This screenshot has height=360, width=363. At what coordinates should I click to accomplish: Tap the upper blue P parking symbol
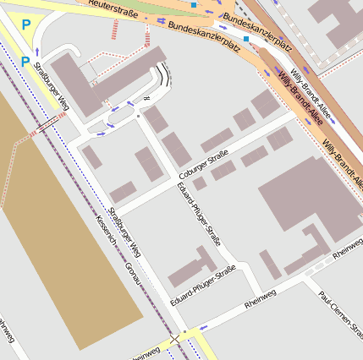pyautogui.click(x=25, y=26)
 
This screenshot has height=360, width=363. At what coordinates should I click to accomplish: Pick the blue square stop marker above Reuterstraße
pyautogui.click(x=194, y=6)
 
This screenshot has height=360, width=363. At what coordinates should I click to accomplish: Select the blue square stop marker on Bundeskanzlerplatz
pyautogui.click(x=246, y=39)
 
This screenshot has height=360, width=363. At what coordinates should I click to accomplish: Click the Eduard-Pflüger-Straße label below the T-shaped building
pyautogui.click(x=202, y=286)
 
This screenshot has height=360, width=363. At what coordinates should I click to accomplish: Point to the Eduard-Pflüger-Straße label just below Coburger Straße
pyautogui.click(x=200, y=214)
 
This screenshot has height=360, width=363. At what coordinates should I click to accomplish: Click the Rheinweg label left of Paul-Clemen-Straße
pyautogui.click(x=261, y=298)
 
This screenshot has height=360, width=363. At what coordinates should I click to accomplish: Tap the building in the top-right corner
pyautogui.click(x=338, y=21)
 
